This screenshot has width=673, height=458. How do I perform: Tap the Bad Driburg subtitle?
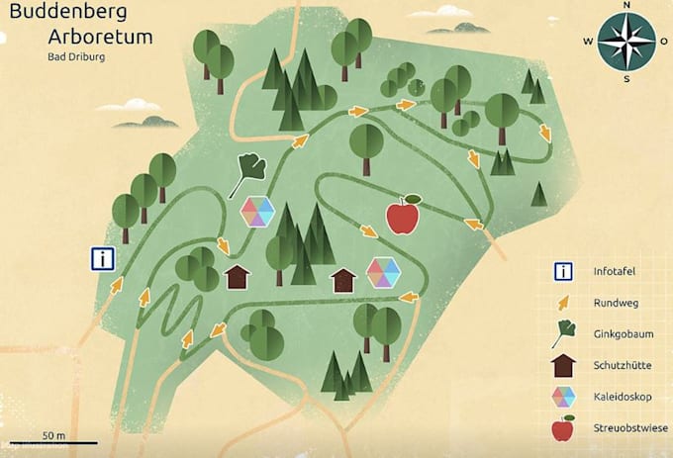(76, 56)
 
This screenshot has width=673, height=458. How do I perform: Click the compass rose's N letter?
(626, 5)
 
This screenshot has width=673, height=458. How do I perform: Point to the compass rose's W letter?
(587, 41)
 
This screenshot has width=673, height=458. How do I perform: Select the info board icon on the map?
(102, 259)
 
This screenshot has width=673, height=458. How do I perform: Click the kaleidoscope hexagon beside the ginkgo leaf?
(257, 211)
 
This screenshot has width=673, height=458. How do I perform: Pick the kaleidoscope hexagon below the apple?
(382, 271)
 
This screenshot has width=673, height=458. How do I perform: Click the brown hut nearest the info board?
(238, 276)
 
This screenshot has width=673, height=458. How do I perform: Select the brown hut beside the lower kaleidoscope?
(342, 281)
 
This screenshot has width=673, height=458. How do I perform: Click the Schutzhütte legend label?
(622, 366)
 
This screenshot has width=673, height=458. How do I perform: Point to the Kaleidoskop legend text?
(621, 398)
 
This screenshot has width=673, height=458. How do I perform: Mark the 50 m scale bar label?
(53, 435)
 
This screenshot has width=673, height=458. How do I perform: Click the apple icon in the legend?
(563, 428)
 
